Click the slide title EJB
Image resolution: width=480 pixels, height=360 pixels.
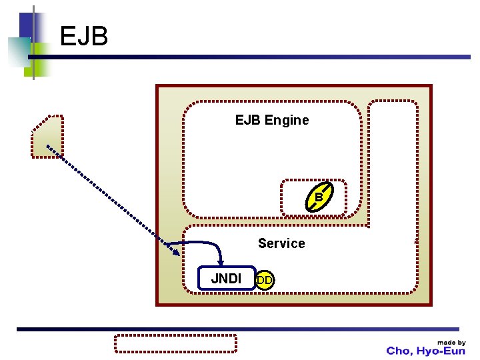pyautogui.click(x=84, y=36)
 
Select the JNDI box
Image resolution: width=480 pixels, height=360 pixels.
pyautogui.click(x=227, y=278)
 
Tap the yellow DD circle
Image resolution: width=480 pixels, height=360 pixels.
pyautogui.click(x=265, y=280)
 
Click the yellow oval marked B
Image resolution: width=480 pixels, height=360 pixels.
pyautogui.click(x=319, y=197)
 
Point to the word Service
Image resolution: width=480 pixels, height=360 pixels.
pyautogui.click(x=281, y=243)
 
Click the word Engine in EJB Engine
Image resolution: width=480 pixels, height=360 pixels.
pyautogui.click(x=287, y=120)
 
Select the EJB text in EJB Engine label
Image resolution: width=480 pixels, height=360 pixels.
pyautogui.click(x=248, y=120)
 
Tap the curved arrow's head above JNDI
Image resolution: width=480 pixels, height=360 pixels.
pyautogui.click(x=221, y=263)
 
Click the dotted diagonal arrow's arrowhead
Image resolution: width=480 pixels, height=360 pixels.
pyautogui.click(x=176, y=252)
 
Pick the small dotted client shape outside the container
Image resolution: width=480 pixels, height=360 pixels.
pyautogui.click(x=47, y=137)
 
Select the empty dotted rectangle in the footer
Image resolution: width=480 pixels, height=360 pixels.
pyautogui.click(x=175, y=343)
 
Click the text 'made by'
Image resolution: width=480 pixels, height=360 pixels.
pyautogui.click(x=451, y=343)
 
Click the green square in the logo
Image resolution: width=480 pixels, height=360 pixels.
pyautogui.click(x=38, y=60)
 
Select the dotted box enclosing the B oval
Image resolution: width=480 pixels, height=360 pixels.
pyautogui.click(x=314, y=198)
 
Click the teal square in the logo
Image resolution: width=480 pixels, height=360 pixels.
pyautogui.click(x=19, y=52)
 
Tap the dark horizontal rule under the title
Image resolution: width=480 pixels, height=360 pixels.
pyautogui.click(x=249, y=57)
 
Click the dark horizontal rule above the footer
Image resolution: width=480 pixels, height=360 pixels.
pyautogui.click(x=238, y=329)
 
